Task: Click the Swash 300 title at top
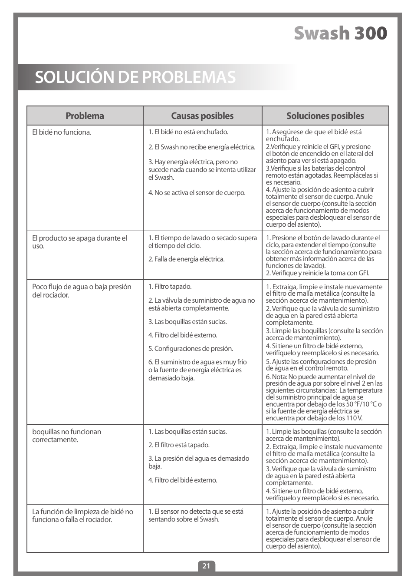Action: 340,34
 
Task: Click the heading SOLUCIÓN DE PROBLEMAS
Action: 135,77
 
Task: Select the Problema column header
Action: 85,116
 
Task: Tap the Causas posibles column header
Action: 202,116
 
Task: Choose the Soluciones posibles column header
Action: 325,116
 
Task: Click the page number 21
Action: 207,566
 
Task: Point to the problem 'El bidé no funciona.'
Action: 62,132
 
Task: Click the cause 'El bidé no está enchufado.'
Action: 188,132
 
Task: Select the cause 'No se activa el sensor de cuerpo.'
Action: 197,193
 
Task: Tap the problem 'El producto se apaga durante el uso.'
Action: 79,242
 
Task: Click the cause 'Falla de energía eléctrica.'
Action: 187,259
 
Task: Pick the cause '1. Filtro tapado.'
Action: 170,287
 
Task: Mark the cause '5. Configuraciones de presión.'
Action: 191,349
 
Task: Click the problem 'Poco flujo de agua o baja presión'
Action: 82,287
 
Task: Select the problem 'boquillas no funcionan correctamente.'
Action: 66,436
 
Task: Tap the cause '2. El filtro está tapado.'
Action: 179,445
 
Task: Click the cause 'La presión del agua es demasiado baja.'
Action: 199,462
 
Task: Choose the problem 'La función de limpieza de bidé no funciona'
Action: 82,515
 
